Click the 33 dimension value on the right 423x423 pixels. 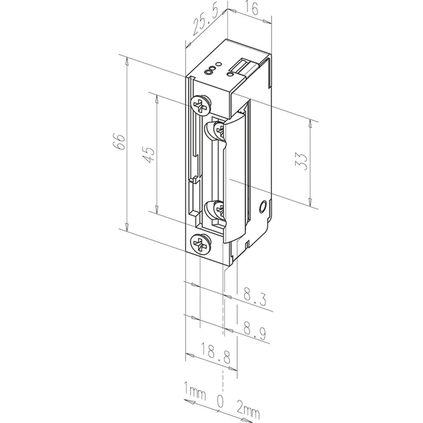point(302,162)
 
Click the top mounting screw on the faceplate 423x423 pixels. point(201,104)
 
